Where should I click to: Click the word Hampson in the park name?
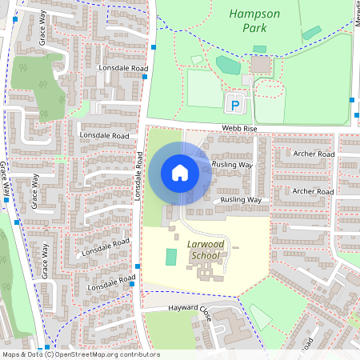coord(255,14)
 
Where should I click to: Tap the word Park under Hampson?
coord(255,28)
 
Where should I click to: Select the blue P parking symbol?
coord(234,104)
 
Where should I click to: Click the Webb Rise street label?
coord(238,130)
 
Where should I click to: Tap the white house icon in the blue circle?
coord(180,172)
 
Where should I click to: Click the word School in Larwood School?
coord(206,255)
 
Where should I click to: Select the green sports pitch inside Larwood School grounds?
coord(170,258)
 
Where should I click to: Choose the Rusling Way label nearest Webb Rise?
coord(232,165)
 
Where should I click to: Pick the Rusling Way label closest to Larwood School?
coord(241,199)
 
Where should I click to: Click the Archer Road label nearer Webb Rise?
coord(314,154)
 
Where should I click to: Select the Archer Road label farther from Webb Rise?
coord(312,192)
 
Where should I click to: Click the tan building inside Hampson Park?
coord(260,64)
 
